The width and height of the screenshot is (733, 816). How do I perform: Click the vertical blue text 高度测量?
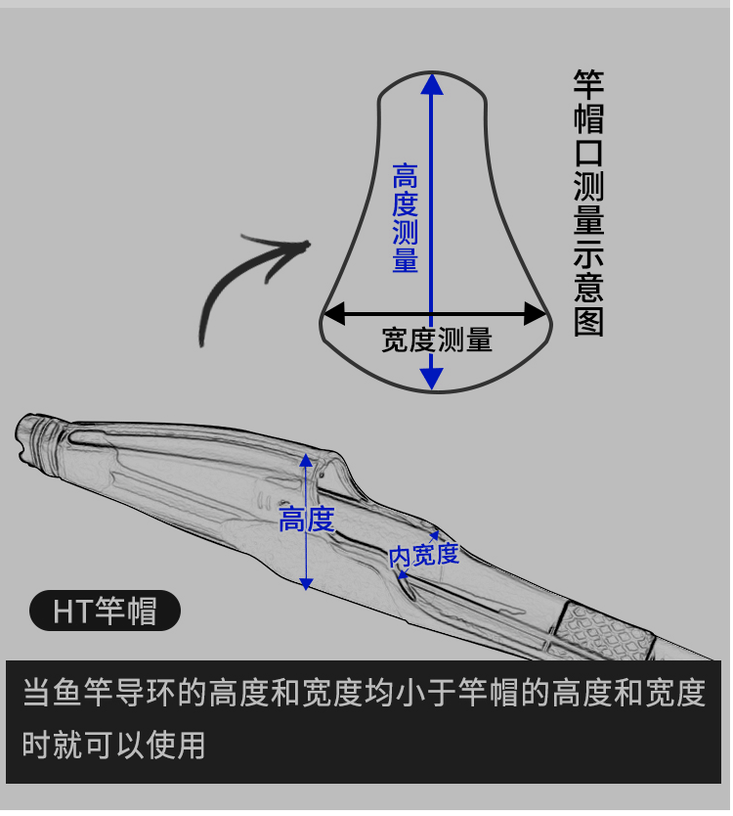coord(405,218)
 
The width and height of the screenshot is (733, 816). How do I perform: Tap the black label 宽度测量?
coord(437,340)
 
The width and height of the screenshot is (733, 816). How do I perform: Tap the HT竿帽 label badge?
coord(105,612)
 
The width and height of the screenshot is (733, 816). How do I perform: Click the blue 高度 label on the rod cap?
coord(307,520)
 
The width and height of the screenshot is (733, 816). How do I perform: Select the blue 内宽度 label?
coord(424,555)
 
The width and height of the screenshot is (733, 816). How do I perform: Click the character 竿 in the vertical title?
coord(588,85)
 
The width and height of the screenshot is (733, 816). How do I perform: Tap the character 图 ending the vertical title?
coord(588,322)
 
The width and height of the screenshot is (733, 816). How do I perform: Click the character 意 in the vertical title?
coord(588,288)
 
